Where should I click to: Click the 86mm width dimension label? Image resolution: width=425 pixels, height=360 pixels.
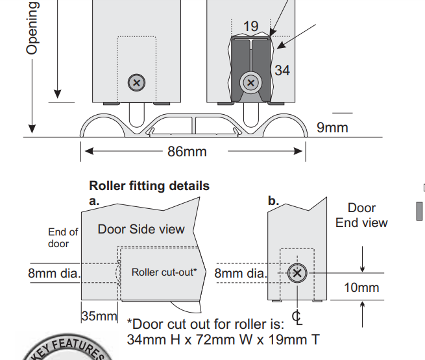point(187,152)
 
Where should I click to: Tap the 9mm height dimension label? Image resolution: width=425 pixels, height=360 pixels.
point(332,127)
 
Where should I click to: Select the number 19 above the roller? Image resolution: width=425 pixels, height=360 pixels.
point(250,27)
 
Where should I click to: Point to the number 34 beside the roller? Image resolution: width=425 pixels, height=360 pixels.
point(282,70)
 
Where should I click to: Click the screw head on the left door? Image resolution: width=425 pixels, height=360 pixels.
point(136,82)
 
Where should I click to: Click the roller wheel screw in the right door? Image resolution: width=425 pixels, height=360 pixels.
point(250,82)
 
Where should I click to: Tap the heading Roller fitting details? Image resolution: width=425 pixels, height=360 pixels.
point(149,186)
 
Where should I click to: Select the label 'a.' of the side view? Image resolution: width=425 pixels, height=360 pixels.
point(94,201)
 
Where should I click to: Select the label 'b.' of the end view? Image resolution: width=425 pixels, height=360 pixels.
point(273,201)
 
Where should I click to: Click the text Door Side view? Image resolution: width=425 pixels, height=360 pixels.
point(141,229)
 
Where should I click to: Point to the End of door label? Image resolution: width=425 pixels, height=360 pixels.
point(63,237)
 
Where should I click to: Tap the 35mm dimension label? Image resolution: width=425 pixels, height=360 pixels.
point(99,317)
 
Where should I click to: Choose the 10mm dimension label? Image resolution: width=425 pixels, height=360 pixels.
point(361,287)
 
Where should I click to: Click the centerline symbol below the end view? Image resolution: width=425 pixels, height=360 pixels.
point(297,318)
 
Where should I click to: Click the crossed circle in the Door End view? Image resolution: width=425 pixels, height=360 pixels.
point(297,273)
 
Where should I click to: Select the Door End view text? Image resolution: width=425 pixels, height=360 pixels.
point(361,215)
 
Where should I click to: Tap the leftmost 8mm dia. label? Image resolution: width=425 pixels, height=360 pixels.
point(54,273)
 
